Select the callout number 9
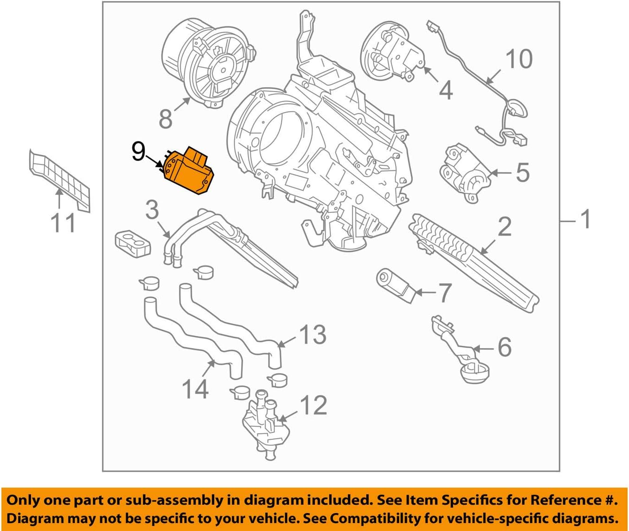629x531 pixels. (x=138, y=151)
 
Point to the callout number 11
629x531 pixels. (x=63, y=223)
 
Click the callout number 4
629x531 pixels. (x=445, y=90)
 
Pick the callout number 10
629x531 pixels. (x=519, y=59)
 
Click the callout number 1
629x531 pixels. (x=585, y=219)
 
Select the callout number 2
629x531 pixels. (x=504, y=227)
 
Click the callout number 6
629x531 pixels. (x=504, y=347)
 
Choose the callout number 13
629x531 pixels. (x=313, y=334)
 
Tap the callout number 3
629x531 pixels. (x=152, y=210)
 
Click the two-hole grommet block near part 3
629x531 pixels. (x=132, y=243)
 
